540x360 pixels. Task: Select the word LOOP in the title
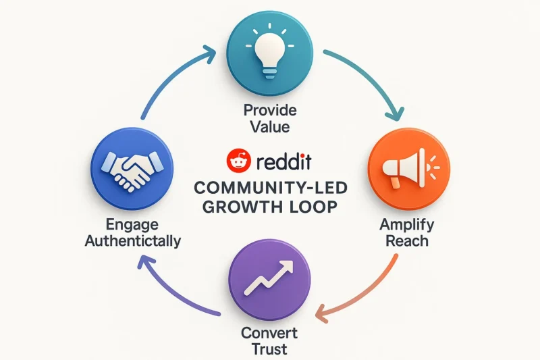[x=311, y=207]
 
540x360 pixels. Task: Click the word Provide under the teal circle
[x=270, y=111]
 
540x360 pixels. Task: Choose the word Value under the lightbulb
[x=270, y=127]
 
